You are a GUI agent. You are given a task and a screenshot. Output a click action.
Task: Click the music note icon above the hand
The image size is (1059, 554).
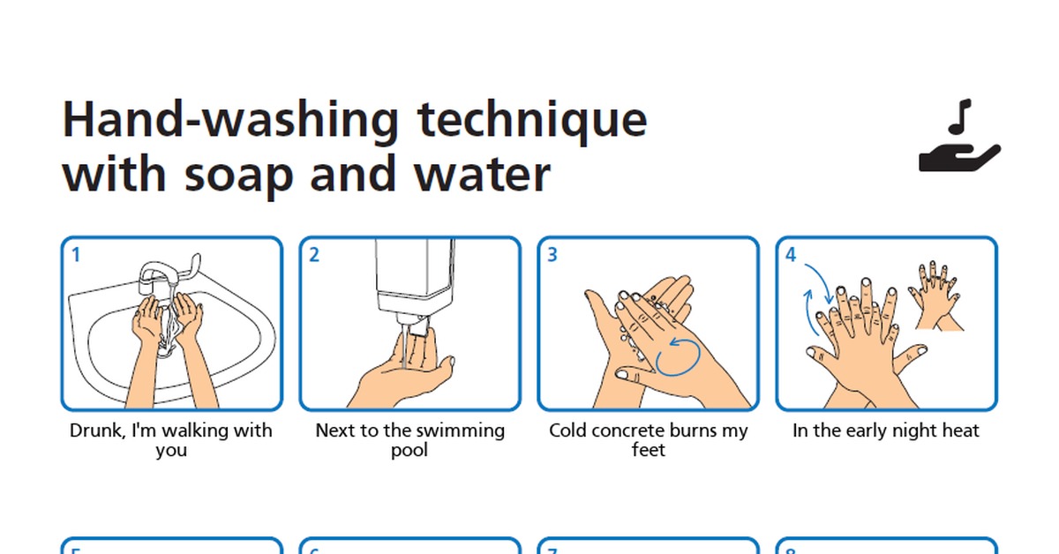tap(960, 116)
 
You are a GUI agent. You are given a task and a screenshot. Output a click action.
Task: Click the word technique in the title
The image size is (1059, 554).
tap(532, 121)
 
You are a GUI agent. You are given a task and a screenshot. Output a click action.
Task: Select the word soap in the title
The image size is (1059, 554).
tap(238, 175)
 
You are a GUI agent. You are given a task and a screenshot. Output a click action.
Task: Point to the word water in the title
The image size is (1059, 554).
tap(482, 175)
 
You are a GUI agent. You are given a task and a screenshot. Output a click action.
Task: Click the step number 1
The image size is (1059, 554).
tap(76, 255)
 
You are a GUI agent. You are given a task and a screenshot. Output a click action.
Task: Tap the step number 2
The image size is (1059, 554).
tap(314, 255)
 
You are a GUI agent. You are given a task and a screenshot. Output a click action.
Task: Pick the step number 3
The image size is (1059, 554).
tap(552, 255)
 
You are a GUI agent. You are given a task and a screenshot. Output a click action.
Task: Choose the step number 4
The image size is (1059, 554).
tap(791, 255)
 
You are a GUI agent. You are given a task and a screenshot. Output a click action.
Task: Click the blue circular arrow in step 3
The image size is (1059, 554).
tap(678, 357)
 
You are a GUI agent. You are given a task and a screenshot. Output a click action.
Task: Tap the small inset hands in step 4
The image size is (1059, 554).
tap(935, 296)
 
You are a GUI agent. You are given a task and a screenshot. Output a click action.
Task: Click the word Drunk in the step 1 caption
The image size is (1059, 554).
tap(97, 431)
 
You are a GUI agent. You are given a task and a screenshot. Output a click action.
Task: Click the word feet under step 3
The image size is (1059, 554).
tap(648, 450)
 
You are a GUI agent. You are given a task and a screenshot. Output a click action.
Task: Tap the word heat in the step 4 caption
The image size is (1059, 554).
tap(961, 430)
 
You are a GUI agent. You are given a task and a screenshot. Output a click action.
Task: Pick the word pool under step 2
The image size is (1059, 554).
tap(409, 451)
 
